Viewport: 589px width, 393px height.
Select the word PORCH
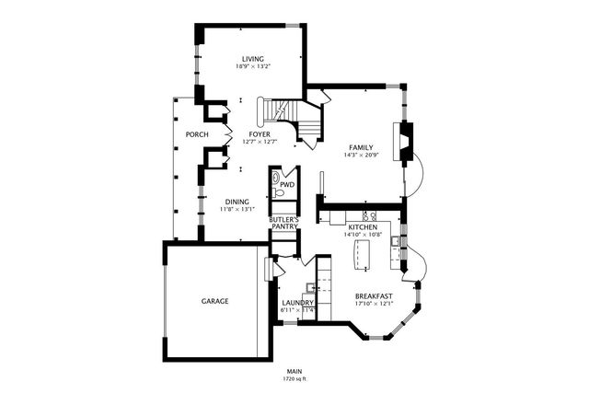[196, 134]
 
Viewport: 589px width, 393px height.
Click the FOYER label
[260, 134]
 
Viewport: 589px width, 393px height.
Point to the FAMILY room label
[361, 147]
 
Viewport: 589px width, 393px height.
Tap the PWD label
[287, 184]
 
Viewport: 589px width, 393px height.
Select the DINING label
[237, 202]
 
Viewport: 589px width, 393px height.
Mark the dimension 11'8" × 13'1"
[237, 210]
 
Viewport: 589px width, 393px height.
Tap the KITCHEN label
[362, 226]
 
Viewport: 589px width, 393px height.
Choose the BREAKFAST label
[374, 295]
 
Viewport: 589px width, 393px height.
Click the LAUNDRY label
[297, 303]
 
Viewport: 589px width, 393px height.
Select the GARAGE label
[215, 301]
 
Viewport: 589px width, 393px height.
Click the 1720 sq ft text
[294, 378]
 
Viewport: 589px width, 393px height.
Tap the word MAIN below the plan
[294, 371]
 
